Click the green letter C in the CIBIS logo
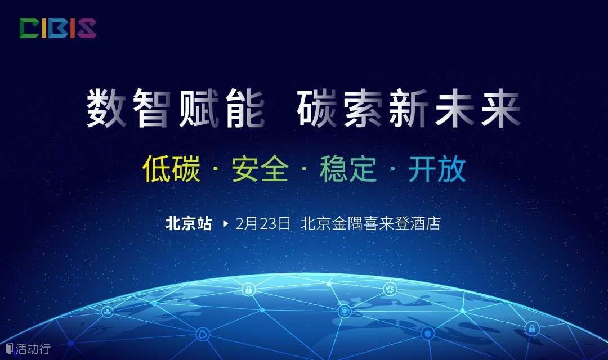[29, 28]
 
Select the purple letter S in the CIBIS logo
[87, 28]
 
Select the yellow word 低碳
[171, 169]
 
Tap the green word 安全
[260, 169]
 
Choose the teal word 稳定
[348, 169]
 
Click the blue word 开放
[437, 169]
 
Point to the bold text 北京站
[189, 224]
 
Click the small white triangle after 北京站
[226, 224]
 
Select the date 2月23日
[263, 224]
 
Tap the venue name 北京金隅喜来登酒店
[370, 224]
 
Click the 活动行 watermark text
[33, 348]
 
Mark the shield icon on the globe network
[428, 333]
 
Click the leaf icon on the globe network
[108, 312]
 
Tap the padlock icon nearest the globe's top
[248, 289]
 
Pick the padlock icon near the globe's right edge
[532, 328]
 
